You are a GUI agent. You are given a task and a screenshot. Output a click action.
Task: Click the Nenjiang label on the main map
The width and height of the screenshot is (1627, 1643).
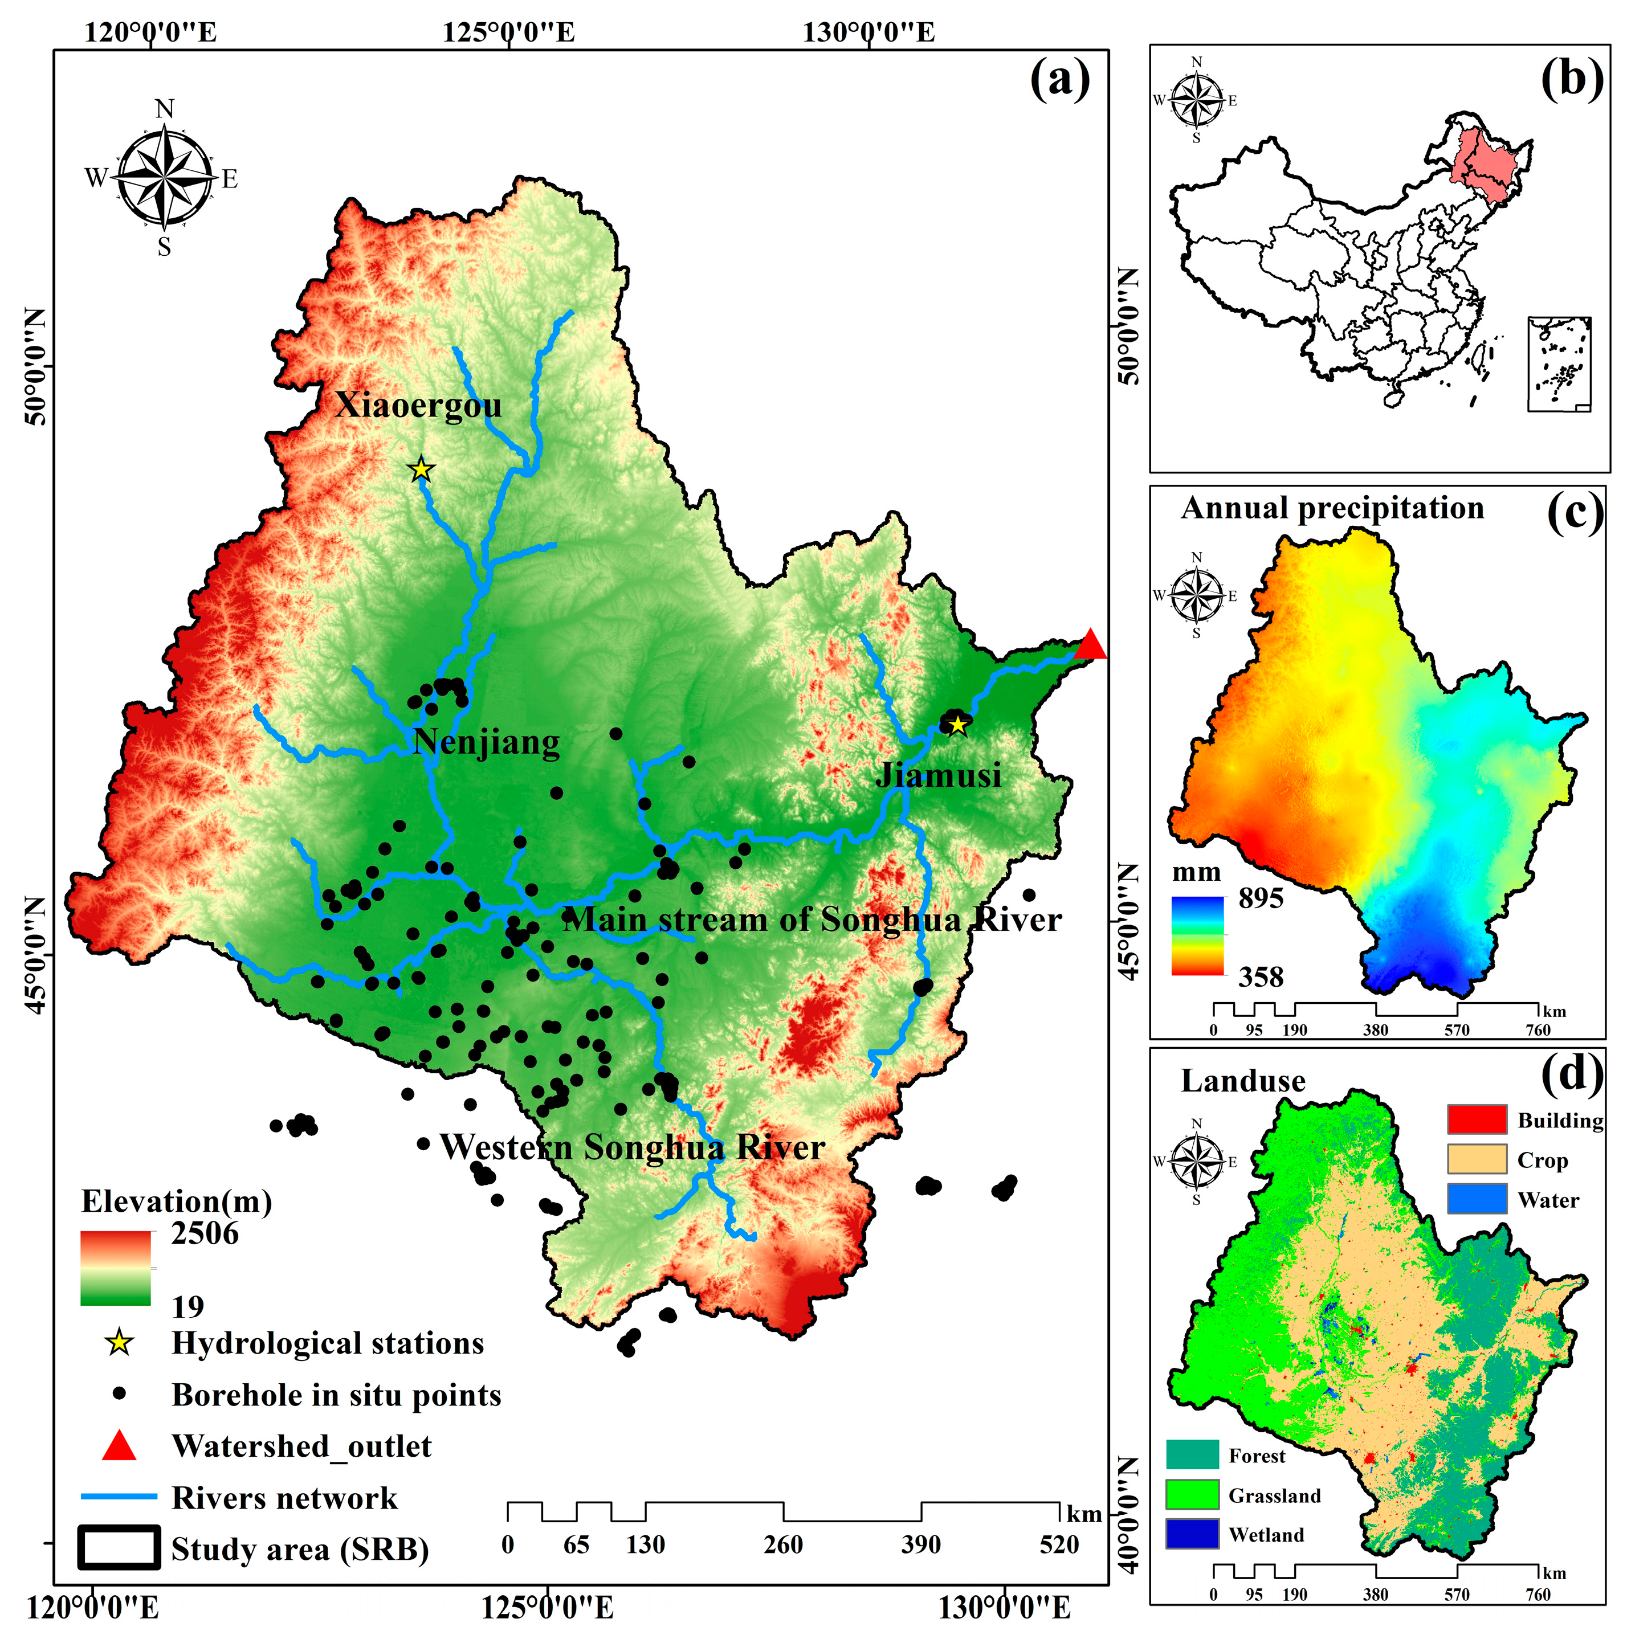tap(487, 742)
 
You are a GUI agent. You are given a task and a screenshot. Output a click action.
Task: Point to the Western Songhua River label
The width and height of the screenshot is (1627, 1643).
tap(632, 1147)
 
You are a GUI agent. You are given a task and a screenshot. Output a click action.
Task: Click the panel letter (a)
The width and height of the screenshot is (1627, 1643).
tap(1059, 81)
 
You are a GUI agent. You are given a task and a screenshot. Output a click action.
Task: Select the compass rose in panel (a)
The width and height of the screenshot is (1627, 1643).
tap(164, 178)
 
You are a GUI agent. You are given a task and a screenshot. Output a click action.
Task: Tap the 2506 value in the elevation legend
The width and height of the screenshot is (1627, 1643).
tap(205, 1233)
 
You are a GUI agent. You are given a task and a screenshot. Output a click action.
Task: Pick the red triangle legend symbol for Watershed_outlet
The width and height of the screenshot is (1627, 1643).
tap(119, 1446)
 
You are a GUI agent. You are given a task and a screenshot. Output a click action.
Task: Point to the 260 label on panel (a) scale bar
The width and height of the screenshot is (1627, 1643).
tap(782, 1545)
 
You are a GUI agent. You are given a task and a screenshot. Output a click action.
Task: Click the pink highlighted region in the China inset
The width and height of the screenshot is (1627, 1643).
tap(1484, 166)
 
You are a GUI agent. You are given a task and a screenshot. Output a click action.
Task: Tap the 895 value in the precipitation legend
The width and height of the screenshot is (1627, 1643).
tap(1261, 898)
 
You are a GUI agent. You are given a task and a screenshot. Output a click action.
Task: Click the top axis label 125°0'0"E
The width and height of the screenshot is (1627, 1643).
tap(508, 32)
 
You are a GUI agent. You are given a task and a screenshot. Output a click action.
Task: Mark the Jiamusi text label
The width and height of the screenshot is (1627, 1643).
tap(938, 775)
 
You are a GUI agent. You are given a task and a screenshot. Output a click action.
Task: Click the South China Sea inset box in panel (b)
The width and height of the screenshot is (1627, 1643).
tap(1559, 364)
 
